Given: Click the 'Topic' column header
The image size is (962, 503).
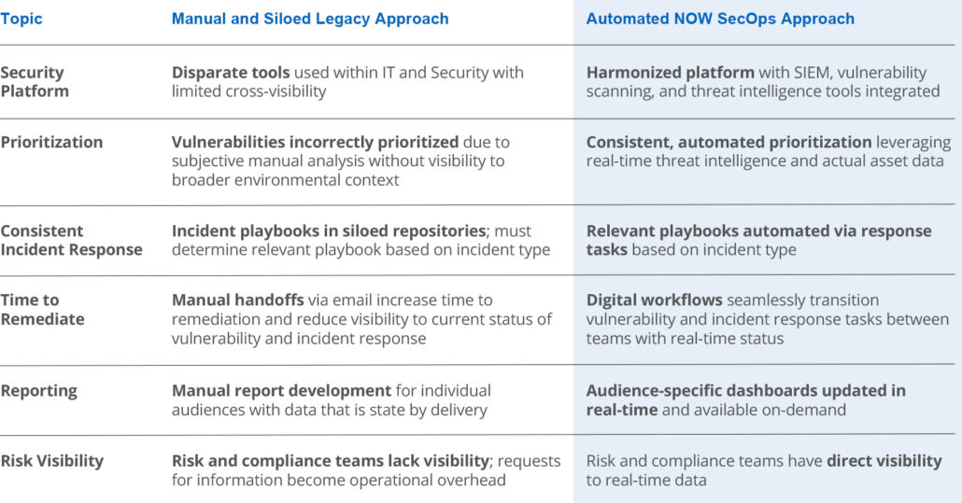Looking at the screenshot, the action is tap(21, 19).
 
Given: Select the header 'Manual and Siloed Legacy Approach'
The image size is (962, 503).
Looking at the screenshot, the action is tap(310, 19).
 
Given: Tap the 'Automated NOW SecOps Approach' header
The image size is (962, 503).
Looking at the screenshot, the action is tap(720, 19).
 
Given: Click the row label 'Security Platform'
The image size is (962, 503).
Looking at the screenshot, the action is tap(35, 81).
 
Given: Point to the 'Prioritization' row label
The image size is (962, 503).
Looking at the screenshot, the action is tap(51, 142).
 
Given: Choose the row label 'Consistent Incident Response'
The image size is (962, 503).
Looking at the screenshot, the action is tap(71, 240).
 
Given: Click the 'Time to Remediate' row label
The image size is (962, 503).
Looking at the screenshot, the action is tap(42, 310).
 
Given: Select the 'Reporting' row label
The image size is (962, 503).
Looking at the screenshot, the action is tap(38, 391).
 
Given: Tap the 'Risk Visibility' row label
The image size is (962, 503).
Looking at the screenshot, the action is tap(52, 461).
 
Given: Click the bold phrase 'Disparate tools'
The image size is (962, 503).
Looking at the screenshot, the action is tap(231, 72).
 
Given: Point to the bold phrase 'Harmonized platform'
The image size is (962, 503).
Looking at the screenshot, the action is tap(670, 72).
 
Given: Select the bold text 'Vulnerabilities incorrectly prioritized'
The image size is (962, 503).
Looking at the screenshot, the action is tap(315, 142).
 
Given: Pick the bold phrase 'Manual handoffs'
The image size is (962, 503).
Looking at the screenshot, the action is tap(237, 300).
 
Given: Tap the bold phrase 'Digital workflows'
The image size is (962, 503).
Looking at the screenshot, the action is tap(654, 300).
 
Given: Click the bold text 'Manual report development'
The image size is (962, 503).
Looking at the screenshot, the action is tap(281, 391).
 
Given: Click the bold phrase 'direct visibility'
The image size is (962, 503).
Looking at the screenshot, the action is tap(884, 461).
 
